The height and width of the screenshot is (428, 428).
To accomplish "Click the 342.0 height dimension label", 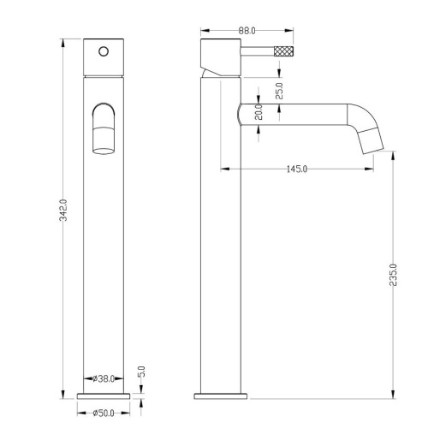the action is pos(63,211).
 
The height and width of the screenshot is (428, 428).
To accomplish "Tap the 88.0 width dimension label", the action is pos(247,31).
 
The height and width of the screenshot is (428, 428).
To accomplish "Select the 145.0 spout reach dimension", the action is pos(297,169).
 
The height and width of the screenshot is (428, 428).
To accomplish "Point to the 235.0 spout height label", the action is pos(393,275).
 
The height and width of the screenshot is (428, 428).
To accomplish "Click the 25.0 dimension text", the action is pos(279,91).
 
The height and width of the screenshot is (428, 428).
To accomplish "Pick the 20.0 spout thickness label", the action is pos(259,112).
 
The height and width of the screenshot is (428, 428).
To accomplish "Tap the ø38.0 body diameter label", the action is pos(104,378).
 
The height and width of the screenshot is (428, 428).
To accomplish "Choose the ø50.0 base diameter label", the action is pos(104,413).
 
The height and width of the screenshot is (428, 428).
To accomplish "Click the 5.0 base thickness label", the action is pos(141,372).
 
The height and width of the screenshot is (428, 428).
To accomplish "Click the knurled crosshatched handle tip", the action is pos(283,51).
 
